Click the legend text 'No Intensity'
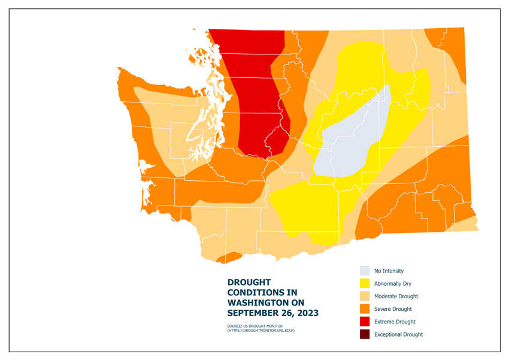click(389, 271)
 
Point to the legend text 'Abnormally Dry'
click(393, 283)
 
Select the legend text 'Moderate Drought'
click(396, 296)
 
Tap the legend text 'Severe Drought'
click(393, 309)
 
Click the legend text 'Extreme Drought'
click(395, 322)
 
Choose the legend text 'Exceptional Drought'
click(398, 334)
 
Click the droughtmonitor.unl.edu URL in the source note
click(260, 331)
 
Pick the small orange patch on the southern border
click(228, 258)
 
